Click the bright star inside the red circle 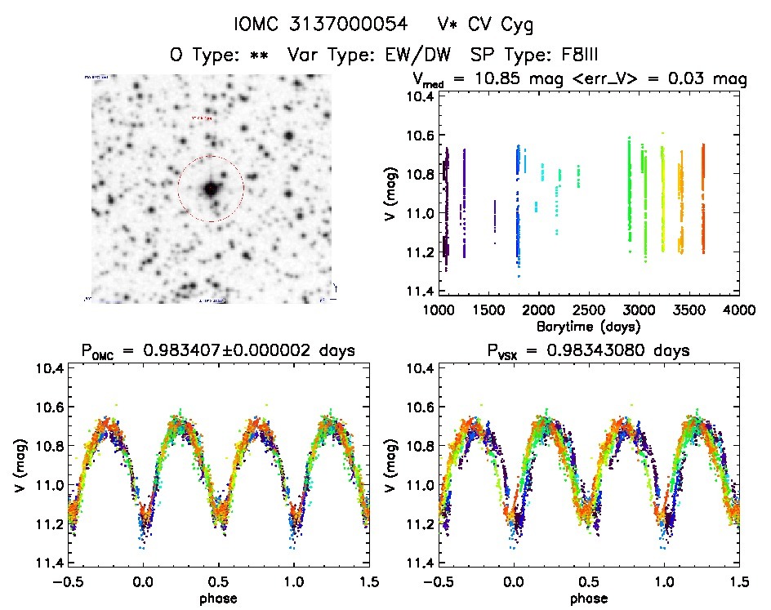[211, 189]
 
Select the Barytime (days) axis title [590, 326]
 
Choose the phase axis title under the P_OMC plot [217, 597]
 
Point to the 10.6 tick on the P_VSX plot [419, 407]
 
